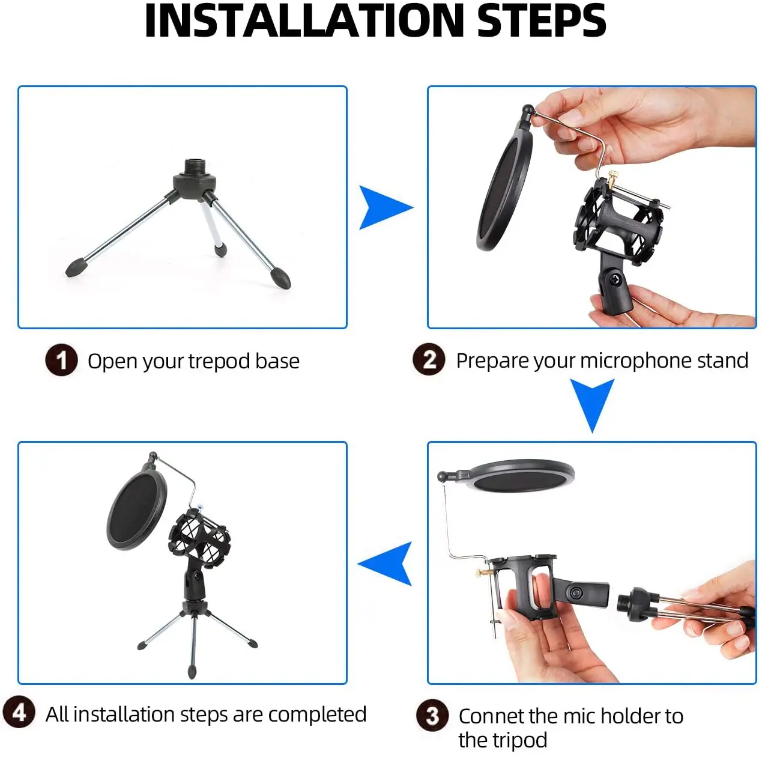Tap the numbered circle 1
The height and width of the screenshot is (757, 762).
[61, 360]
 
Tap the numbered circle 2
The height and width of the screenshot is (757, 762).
[429, 359]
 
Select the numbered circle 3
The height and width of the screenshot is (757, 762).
[432, 715]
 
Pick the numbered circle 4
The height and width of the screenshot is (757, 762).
[19, 712]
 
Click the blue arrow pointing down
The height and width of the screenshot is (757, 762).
[592, 403]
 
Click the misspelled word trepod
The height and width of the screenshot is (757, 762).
[219, 361]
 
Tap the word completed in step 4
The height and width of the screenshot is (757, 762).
[316, 714]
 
